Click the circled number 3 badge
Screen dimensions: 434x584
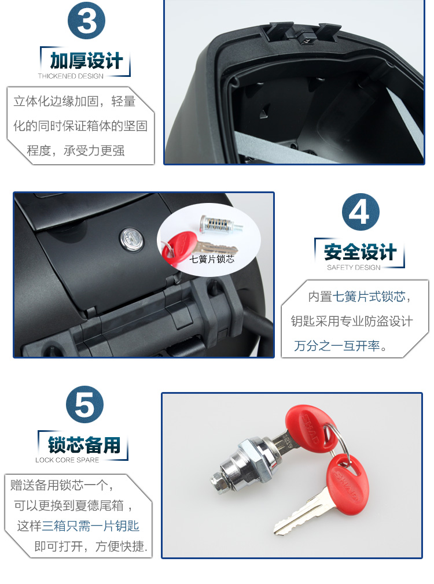pos(86,20)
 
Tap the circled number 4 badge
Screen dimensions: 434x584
pos(361,212)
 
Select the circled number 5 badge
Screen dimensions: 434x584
pos(84,405)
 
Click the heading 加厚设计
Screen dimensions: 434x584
pos(86,61)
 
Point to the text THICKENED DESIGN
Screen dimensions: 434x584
pos(71,76)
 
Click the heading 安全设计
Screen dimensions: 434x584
pos(360,252)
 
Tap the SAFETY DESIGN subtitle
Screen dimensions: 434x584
pos(354,267)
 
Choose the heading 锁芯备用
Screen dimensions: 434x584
pos(84,445)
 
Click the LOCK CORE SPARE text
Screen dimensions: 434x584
pos(67,460)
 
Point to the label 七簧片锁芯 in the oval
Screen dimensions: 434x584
pos(212,259)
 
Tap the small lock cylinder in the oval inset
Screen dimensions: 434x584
pos(220,224)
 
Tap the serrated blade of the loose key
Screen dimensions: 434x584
pos(298,515)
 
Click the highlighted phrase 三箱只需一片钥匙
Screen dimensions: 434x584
pos(91,526)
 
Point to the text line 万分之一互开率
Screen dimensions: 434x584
pos(340,346)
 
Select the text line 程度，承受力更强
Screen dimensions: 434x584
pos(76,150)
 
